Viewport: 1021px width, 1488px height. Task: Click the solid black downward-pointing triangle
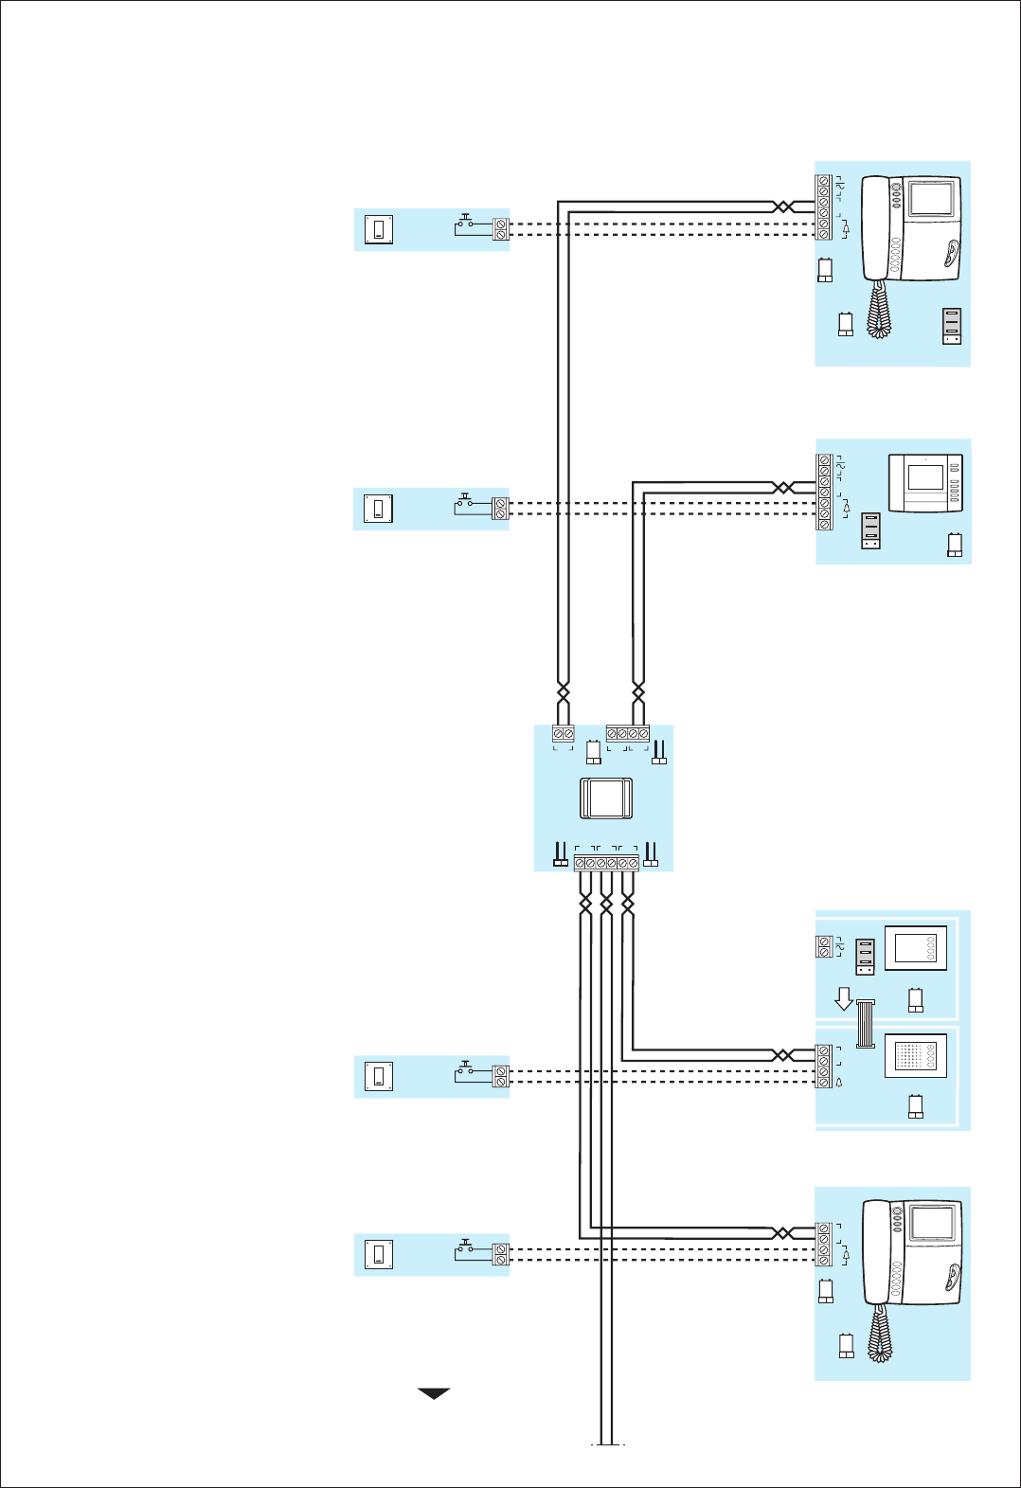point(434,1393)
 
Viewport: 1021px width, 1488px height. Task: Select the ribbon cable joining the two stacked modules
point(866,1024)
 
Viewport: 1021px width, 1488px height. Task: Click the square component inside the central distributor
point(605,798)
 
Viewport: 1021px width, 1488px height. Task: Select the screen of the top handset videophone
point(933,200)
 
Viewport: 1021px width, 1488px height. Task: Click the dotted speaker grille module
point(916,1056)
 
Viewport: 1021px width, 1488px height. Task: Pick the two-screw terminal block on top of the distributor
point(564,734)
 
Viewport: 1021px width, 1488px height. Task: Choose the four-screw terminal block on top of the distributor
point(628,734)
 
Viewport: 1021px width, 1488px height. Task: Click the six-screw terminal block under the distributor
point(606,864)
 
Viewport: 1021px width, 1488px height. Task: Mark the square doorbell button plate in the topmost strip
point(380,229)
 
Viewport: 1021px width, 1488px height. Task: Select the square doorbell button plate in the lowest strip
point(379,1255)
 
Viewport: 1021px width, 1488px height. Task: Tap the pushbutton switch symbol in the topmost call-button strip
point(465,224)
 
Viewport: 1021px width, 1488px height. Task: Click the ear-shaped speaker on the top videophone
point(948,253)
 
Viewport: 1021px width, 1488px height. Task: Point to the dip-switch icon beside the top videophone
point(952,326)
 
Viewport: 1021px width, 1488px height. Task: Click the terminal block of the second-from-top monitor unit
point(824,493)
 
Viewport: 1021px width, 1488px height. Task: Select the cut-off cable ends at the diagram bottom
point(607,1442)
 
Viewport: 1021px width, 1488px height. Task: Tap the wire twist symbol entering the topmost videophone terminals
point(782,206)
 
